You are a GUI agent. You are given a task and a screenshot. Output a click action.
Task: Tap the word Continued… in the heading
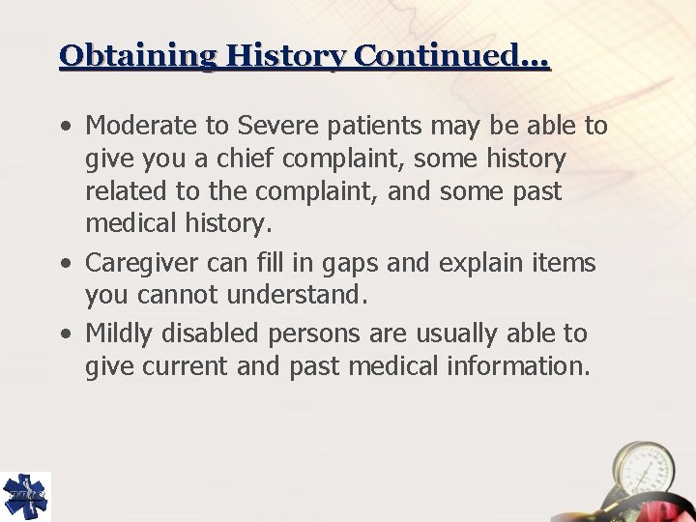pyautogui.click(x=452, y=55)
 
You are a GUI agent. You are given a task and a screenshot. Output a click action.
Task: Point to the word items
pyautogui.click(x=564, y=263)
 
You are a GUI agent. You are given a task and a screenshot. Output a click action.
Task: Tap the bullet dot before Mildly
pyautogui.click(x=65, y=335)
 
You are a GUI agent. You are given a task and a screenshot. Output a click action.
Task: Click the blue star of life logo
pyautogui.click(x=25, y=496)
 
